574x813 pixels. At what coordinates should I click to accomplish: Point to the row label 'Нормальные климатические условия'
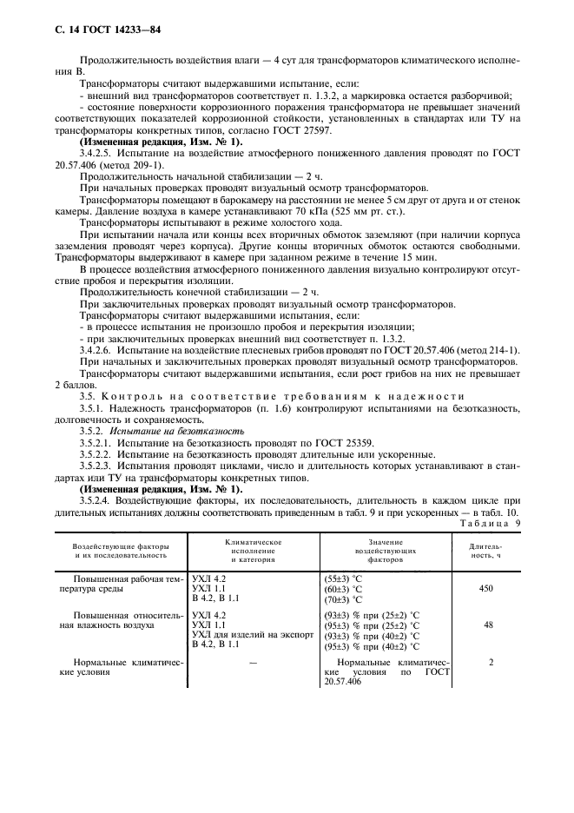[112, 667]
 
